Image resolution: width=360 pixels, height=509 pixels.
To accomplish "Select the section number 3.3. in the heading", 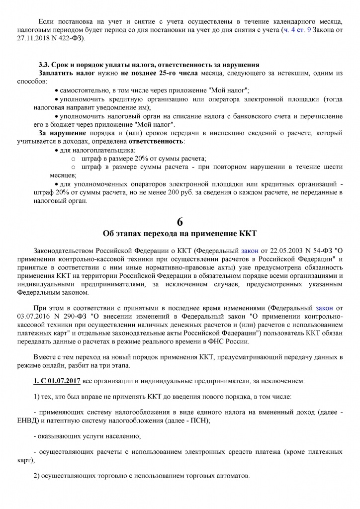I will (46, 65).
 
